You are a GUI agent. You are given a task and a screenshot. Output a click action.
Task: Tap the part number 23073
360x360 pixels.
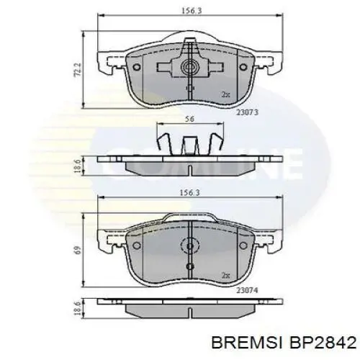(x=246, y=112)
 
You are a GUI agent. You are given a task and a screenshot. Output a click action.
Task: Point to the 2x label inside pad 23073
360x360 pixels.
(x=225, y=94)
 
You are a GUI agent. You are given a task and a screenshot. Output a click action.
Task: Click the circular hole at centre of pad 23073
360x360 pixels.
(x=191, y=69)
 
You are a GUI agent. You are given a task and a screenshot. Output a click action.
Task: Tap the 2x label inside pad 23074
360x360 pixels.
(x=225, y=274)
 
